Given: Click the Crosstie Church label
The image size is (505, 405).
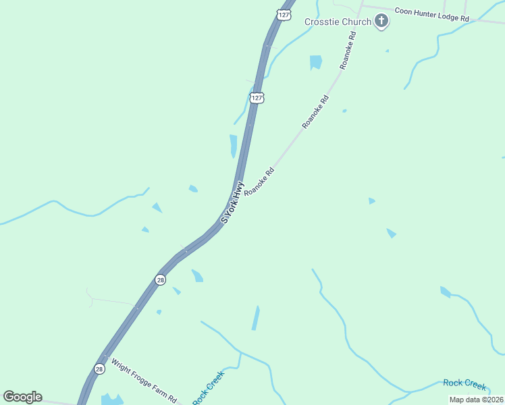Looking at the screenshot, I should pos(338,22).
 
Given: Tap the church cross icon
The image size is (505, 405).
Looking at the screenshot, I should pos(381,22).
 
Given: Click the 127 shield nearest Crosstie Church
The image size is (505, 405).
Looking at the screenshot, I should pos(284,13).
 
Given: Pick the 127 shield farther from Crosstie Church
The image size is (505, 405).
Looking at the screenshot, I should pos(257,98).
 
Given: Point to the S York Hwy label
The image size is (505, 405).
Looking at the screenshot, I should pos(232,202).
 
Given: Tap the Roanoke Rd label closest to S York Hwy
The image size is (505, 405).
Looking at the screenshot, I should pos(260,181).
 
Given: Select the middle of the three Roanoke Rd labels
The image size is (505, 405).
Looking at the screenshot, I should pos(315,112).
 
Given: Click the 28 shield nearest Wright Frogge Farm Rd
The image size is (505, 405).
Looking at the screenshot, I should pos(100,369).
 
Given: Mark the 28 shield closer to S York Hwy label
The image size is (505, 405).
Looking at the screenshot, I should pos(160,279).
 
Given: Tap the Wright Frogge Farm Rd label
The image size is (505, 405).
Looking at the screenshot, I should pos(144,381).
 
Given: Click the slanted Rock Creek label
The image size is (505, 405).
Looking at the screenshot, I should pos(208,388).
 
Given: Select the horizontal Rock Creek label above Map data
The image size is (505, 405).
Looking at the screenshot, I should pos(464,384).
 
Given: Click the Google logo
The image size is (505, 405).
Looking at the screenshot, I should pos(22,397).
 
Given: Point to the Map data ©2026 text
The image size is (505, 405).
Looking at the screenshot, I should pos(476,400).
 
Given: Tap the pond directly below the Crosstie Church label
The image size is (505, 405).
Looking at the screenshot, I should pos(315,62).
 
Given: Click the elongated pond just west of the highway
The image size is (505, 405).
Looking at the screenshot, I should pos(234,145).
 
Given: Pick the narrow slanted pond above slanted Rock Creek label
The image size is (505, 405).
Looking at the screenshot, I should pos(256,318).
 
